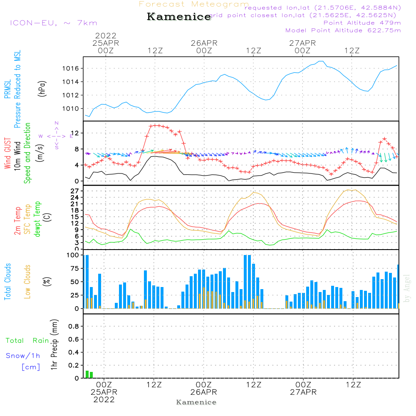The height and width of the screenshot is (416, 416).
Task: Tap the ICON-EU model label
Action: click(x=53, y=23)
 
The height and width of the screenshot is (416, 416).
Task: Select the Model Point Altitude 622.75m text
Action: click(x=343, y=30)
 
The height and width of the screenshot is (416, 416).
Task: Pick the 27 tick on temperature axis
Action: click(x=76, y=191)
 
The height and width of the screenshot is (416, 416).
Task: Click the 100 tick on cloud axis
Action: click(x=73, y=255)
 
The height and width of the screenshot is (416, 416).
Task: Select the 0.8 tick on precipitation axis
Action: click(x=74, y=327)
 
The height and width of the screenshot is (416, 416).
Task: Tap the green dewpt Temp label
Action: click(x=38, y=220)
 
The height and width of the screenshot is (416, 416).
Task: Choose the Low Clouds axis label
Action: click(x=28, y=281)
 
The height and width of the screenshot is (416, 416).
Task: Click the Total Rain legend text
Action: click(x=27, y=341)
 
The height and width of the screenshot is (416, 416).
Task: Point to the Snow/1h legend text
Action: click(x=23, y=356)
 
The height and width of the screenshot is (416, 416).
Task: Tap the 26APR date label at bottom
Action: click(x=204, y=392)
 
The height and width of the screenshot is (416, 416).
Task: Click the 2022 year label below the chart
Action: click(x=104, y=400)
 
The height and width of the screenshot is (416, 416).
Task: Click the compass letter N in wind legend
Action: click(x=57, y=123)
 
